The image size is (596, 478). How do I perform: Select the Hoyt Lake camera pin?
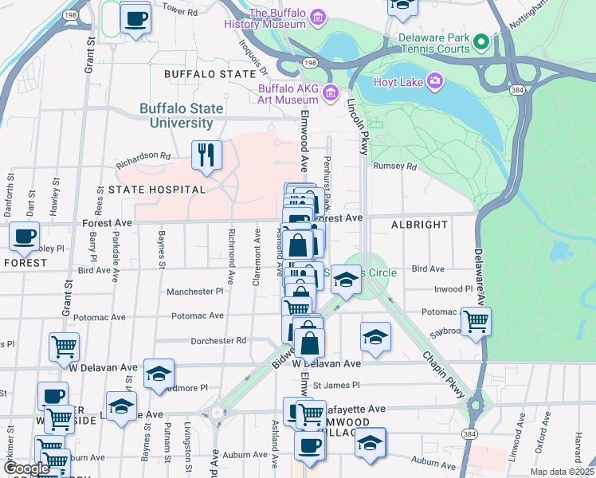pos(435,80)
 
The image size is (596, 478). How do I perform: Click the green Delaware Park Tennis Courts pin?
pos(480,41)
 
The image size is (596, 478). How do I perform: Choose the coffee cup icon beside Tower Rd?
pos(135,18)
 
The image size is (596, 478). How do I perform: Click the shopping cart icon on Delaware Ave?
pos(476,322)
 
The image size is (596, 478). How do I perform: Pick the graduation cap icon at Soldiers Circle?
pos(346,280)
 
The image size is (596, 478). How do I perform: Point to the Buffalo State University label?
pos(177,116)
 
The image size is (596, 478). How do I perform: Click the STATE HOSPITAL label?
pos(157,190)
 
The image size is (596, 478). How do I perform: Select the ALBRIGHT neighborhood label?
pos(419,225)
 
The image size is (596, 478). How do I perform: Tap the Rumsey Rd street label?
pos(395,167)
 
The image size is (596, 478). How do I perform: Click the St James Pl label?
pos(331,386)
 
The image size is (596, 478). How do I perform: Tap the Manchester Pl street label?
pos(194,292)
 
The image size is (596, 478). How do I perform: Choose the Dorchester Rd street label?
pos(218,341)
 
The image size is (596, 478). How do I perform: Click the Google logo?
pos(27,468)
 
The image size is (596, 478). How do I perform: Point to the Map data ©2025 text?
pos(562,472)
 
